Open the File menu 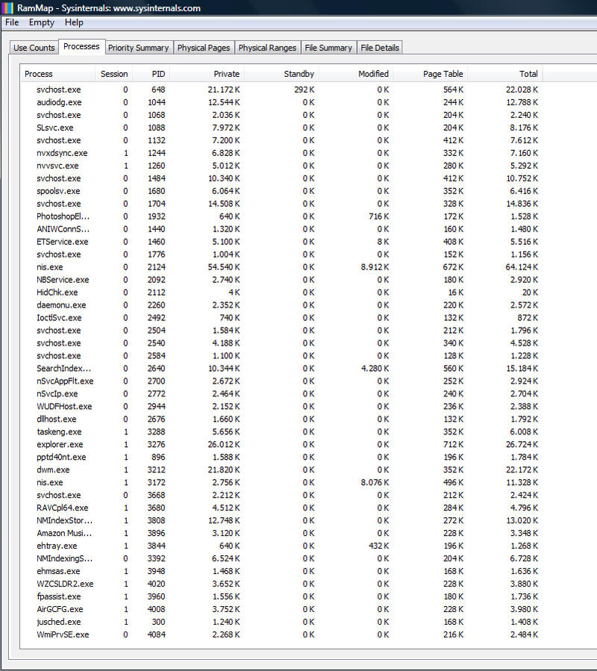click(12, 22)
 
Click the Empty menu click(42, 22)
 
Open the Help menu click(74, 22)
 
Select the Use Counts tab click(34, 48)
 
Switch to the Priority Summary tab click(138, 48)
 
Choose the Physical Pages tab click(203, 48)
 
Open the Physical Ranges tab click(267, 48)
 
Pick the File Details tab click(380, 48)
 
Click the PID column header click(158, 74)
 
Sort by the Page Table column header click(443, 74)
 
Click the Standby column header click(299, 74)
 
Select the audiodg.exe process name click(59, 102)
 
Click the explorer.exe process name click(60, 445)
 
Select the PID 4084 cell click(155, 635)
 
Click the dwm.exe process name click(53, 470)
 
